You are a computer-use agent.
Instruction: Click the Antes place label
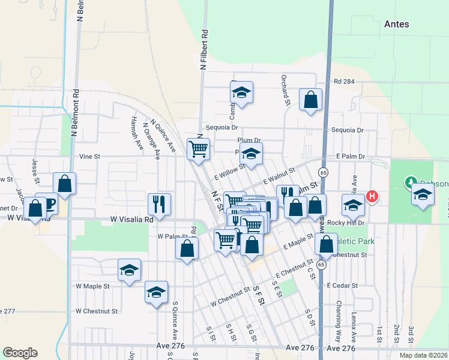click(396, 24)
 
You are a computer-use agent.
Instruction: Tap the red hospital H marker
click(372, 196)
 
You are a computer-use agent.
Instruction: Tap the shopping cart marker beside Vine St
click(198, 148)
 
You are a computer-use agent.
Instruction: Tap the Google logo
click(20, 353)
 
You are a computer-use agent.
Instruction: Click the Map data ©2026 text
click(422, 355)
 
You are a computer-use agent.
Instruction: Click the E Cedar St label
click(342, 286)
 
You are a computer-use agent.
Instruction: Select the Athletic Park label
click(354, 241)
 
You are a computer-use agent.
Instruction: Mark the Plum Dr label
click(249, 140)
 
